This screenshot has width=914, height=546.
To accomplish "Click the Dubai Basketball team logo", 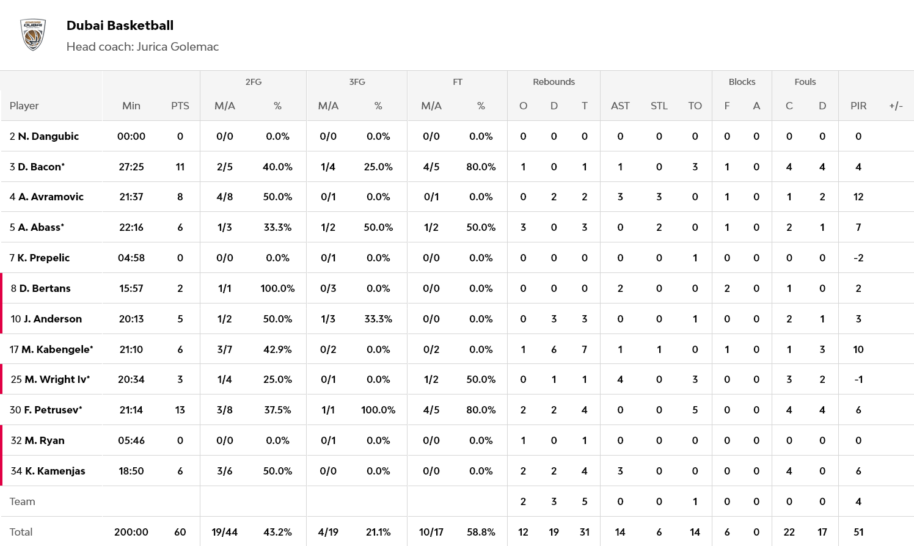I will (x=33, y=34).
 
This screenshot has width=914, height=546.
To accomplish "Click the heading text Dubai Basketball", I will (x=120, y=26).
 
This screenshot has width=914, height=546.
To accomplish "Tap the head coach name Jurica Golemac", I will (x=177, y=47).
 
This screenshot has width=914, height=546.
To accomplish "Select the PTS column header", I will (x=180, y=106).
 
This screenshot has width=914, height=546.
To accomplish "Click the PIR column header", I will (x=858, y=106).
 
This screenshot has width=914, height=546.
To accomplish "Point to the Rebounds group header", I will (x=554, y=82).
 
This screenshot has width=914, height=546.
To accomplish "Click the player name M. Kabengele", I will (x=56, y=349).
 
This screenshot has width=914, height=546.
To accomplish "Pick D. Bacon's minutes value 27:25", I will (x=131, y=167).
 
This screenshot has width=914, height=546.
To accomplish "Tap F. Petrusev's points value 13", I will (x=180, y=410).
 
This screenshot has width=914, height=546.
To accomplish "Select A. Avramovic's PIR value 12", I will (x=858, y=197).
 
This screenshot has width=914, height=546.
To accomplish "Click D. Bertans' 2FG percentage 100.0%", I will (x=277, y=288).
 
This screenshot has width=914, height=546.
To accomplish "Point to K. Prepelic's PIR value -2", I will (x=858, y=258).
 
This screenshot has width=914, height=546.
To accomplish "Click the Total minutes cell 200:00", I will (x=131, y=532).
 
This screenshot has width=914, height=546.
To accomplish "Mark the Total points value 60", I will (x=180, y=532).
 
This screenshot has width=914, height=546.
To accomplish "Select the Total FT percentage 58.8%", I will (x=481, y=532).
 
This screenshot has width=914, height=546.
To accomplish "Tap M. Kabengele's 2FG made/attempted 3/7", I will (x=224, y=349).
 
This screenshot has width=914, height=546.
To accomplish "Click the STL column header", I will (x=659, y=106).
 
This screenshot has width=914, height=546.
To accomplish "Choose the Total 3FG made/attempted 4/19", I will (x=328, y=532).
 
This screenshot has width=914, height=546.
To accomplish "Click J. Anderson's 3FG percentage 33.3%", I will (x=378, y=319).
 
